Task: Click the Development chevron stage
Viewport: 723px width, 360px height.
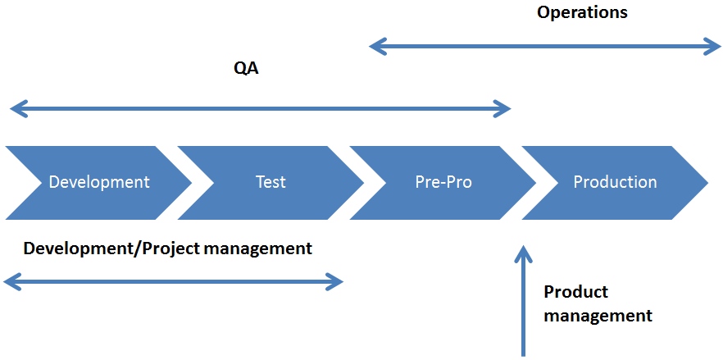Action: pyautogui.click(x=98, y=183)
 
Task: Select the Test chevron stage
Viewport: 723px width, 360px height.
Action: pyautogui.click(x=271, y=183)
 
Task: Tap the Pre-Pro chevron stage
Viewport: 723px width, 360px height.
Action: pyautogui.click(x=443, y=183)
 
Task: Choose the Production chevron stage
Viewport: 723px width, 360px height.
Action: pyautogui.click(x=615, y=183)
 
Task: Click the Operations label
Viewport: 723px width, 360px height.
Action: pyautogui.click(x=582, y=13)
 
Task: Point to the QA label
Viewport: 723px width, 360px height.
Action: pyautogui.click(x=246, y=69)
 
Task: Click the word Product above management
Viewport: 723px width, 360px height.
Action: pyautogui.click(x=576, y=292)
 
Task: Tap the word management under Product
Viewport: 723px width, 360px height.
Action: pyautogui.click(x=598, y=317)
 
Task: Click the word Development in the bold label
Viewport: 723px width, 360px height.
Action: pyautogui.click(x=77, y=248)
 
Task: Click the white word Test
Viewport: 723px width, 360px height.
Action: pyautogui.click(x=271, y=182)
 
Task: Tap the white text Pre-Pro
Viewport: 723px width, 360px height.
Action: pyautogui.click(x=443, y=182)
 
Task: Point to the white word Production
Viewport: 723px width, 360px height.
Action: pyautogui.click(x=615, y=182)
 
